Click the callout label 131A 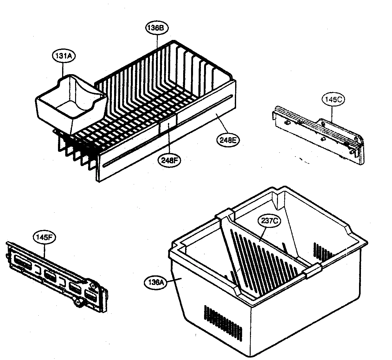(x=62, y=56)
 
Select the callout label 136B (x=157, y=28)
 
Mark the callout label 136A (x=155, y=282)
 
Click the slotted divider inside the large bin (x=260, y=257)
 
